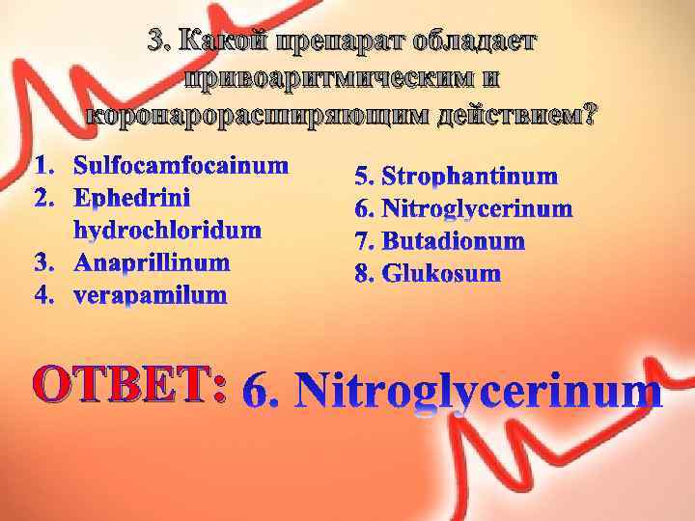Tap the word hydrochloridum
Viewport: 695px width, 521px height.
pos(167,230)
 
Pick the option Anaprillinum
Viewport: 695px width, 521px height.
pos(152,262)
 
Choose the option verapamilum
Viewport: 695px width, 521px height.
pos(151,293)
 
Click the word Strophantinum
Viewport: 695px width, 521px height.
pos(470,176)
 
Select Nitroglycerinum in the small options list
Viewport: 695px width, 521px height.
pos(477,208)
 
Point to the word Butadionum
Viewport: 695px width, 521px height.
pos(453,240)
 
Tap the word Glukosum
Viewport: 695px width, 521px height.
pos(441,273)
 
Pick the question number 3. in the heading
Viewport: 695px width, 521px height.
pos(160,42)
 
